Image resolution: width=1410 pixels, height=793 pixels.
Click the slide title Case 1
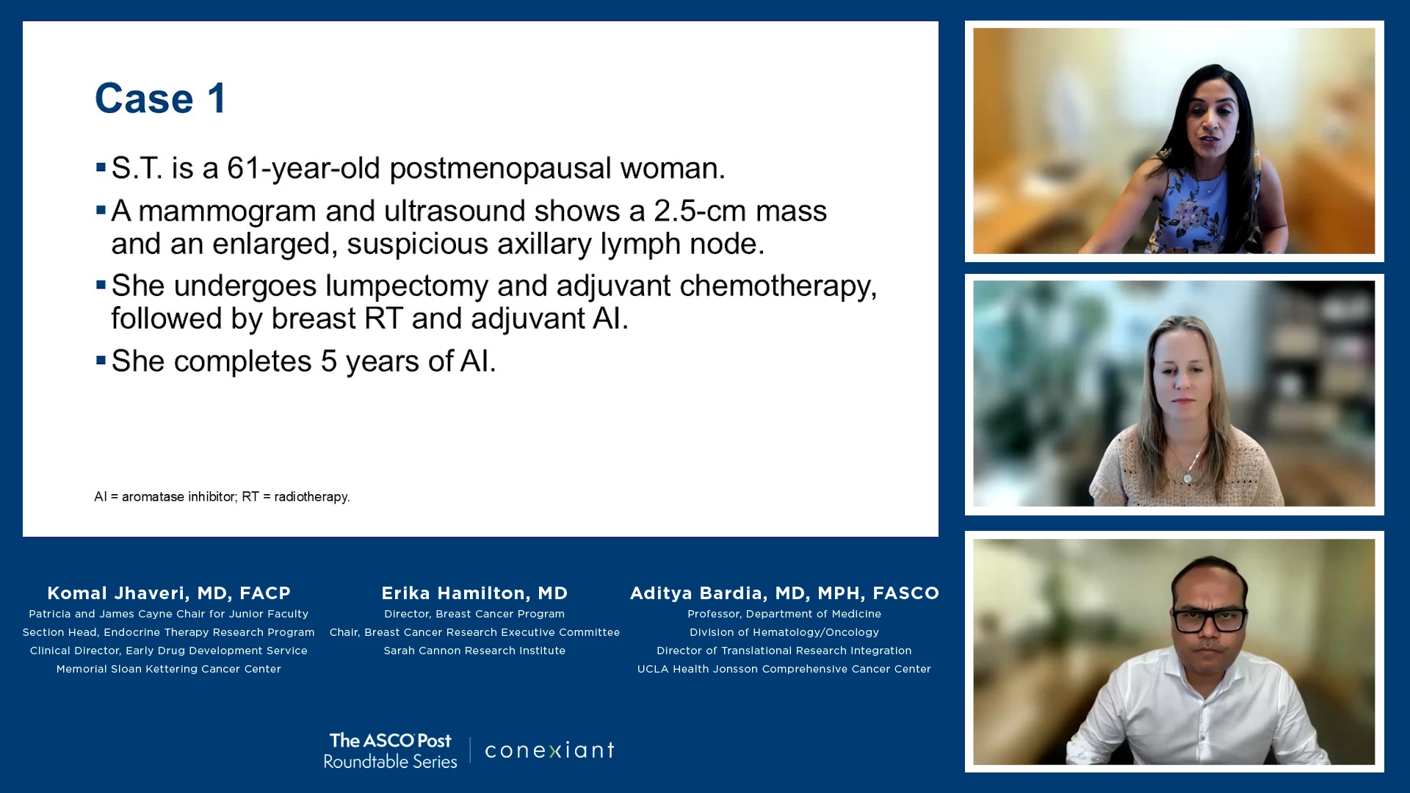161,98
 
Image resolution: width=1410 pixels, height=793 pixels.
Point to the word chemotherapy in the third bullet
778,286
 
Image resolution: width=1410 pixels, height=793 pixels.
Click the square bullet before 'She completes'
101,360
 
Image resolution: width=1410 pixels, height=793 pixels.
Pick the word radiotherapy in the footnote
311,497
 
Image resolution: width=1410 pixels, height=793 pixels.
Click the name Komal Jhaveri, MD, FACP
169,593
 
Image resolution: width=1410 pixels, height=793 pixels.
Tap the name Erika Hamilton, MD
474,593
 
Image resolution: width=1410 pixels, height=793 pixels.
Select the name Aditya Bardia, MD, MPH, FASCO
784,593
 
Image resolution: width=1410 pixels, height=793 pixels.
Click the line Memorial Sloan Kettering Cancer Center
169,669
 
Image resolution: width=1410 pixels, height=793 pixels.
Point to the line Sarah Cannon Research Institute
474,651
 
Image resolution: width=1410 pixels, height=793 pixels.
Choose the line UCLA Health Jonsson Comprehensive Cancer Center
784,669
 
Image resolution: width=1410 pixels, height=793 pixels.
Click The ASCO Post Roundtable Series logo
390,750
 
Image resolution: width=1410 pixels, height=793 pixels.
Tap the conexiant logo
549,750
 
